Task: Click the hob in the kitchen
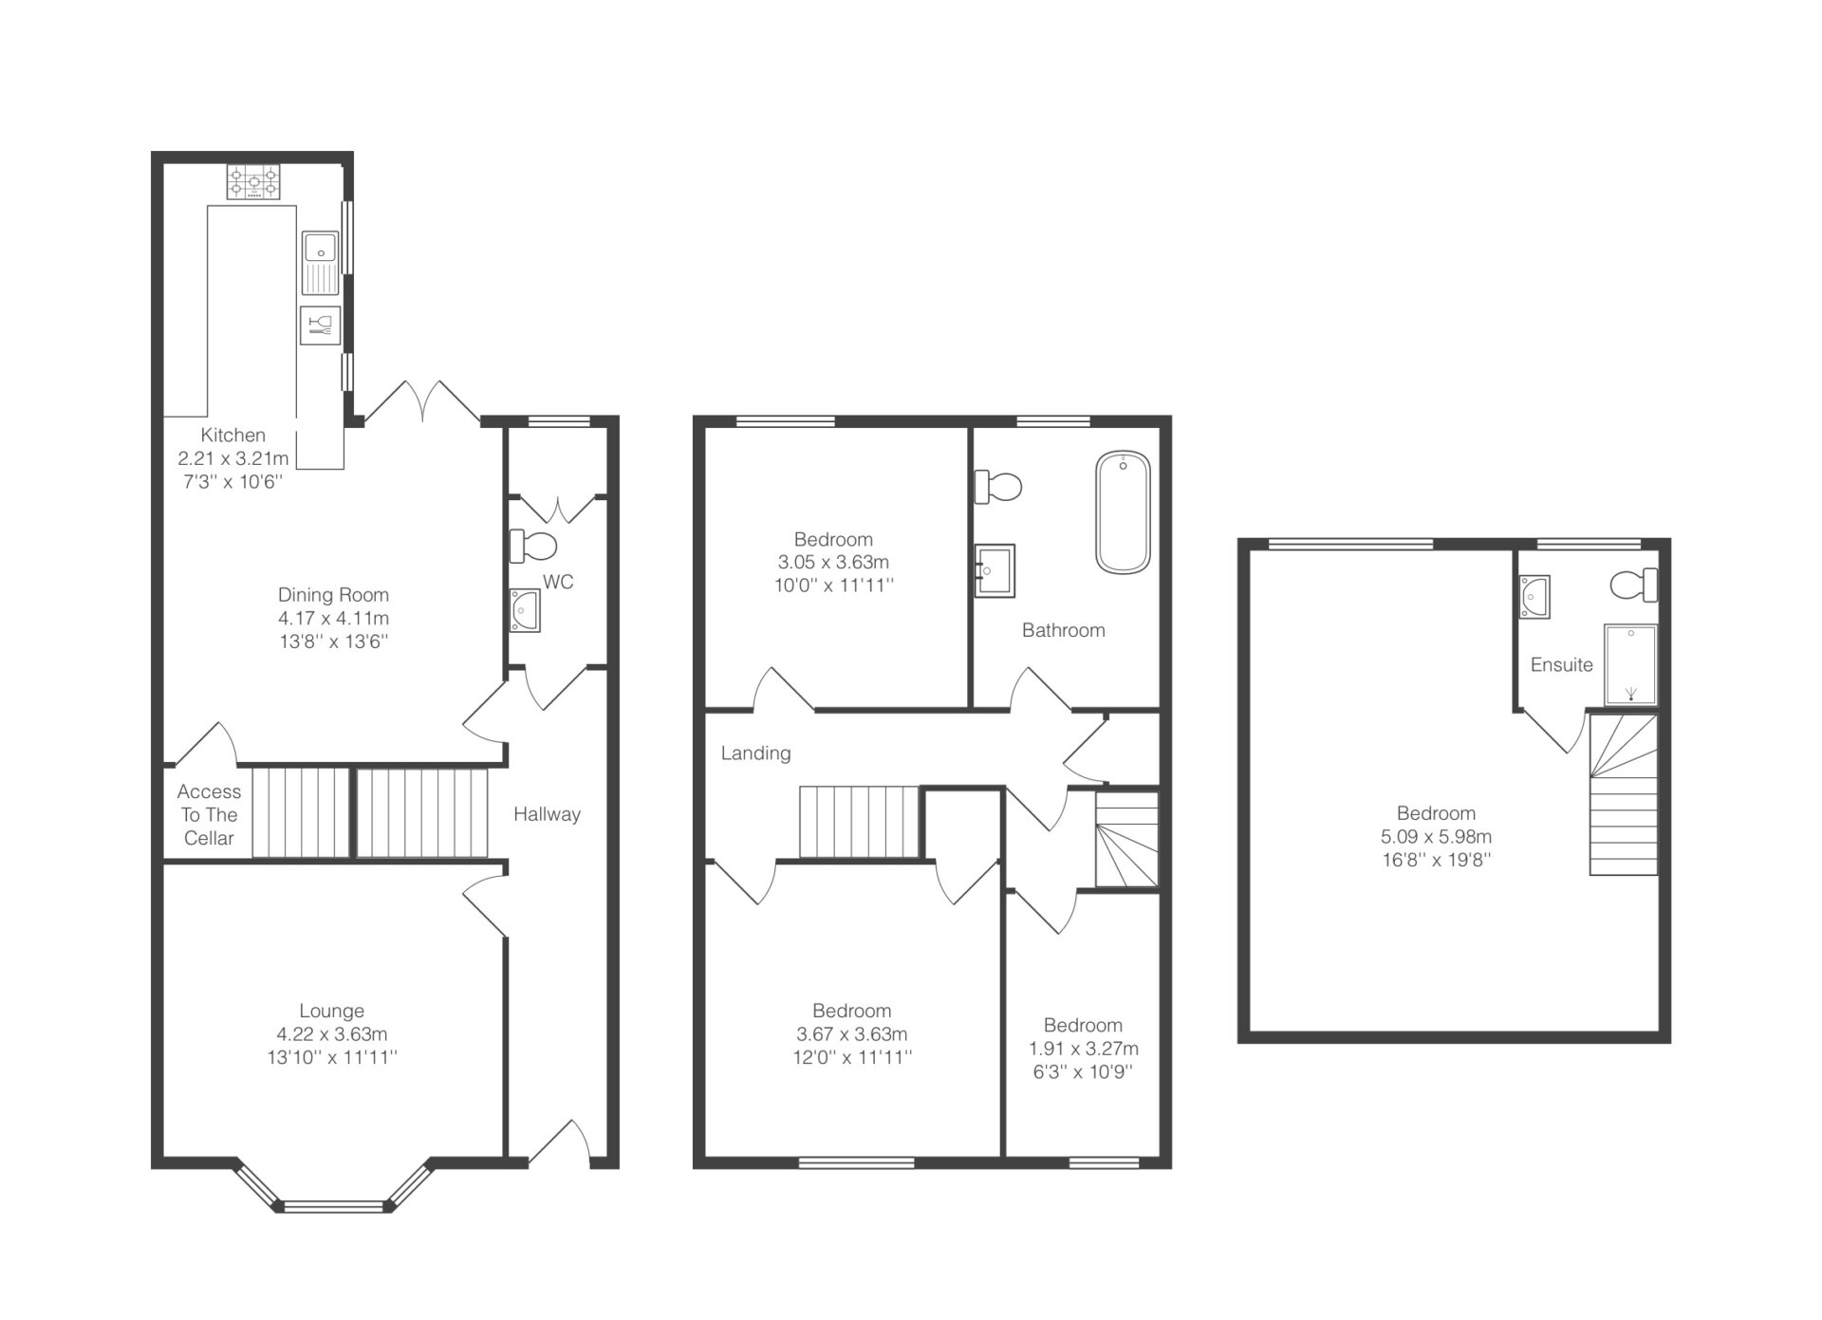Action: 253,181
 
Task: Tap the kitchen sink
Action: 321,263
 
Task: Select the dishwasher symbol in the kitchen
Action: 320,325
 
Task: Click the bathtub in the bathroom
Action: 1124,512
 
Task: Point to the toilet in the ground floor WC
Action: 533,546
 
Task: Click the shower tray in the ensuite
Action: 1630,664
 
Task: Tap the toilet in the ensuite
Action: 1634,585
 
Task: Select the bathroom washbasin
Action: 995,569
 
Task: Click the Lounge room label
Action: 332,1012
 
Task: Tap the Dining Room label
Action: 333,595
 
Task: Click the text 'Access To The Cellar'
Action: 209,815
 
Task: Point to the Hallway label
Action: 547,814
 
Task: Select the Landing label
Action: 755,753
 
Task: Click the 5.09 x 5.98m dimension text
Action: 1436,837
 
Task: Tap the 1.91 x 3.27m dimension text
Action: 1084,1049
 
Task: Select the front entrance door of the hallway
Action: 560,1142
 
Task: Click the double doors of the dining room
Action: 423,402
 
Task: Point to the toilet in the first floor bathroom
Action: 997,488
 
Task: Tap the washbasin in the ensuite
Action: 1534,597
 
